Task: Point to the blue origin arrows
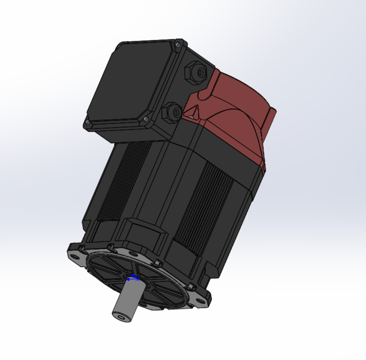tap(133, 278)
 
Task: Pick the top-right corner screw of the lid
tap(179, 42)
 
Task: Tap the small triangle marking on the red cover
tap(192, 116)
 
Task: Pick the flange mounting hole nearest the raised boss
tap(110, 246)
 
